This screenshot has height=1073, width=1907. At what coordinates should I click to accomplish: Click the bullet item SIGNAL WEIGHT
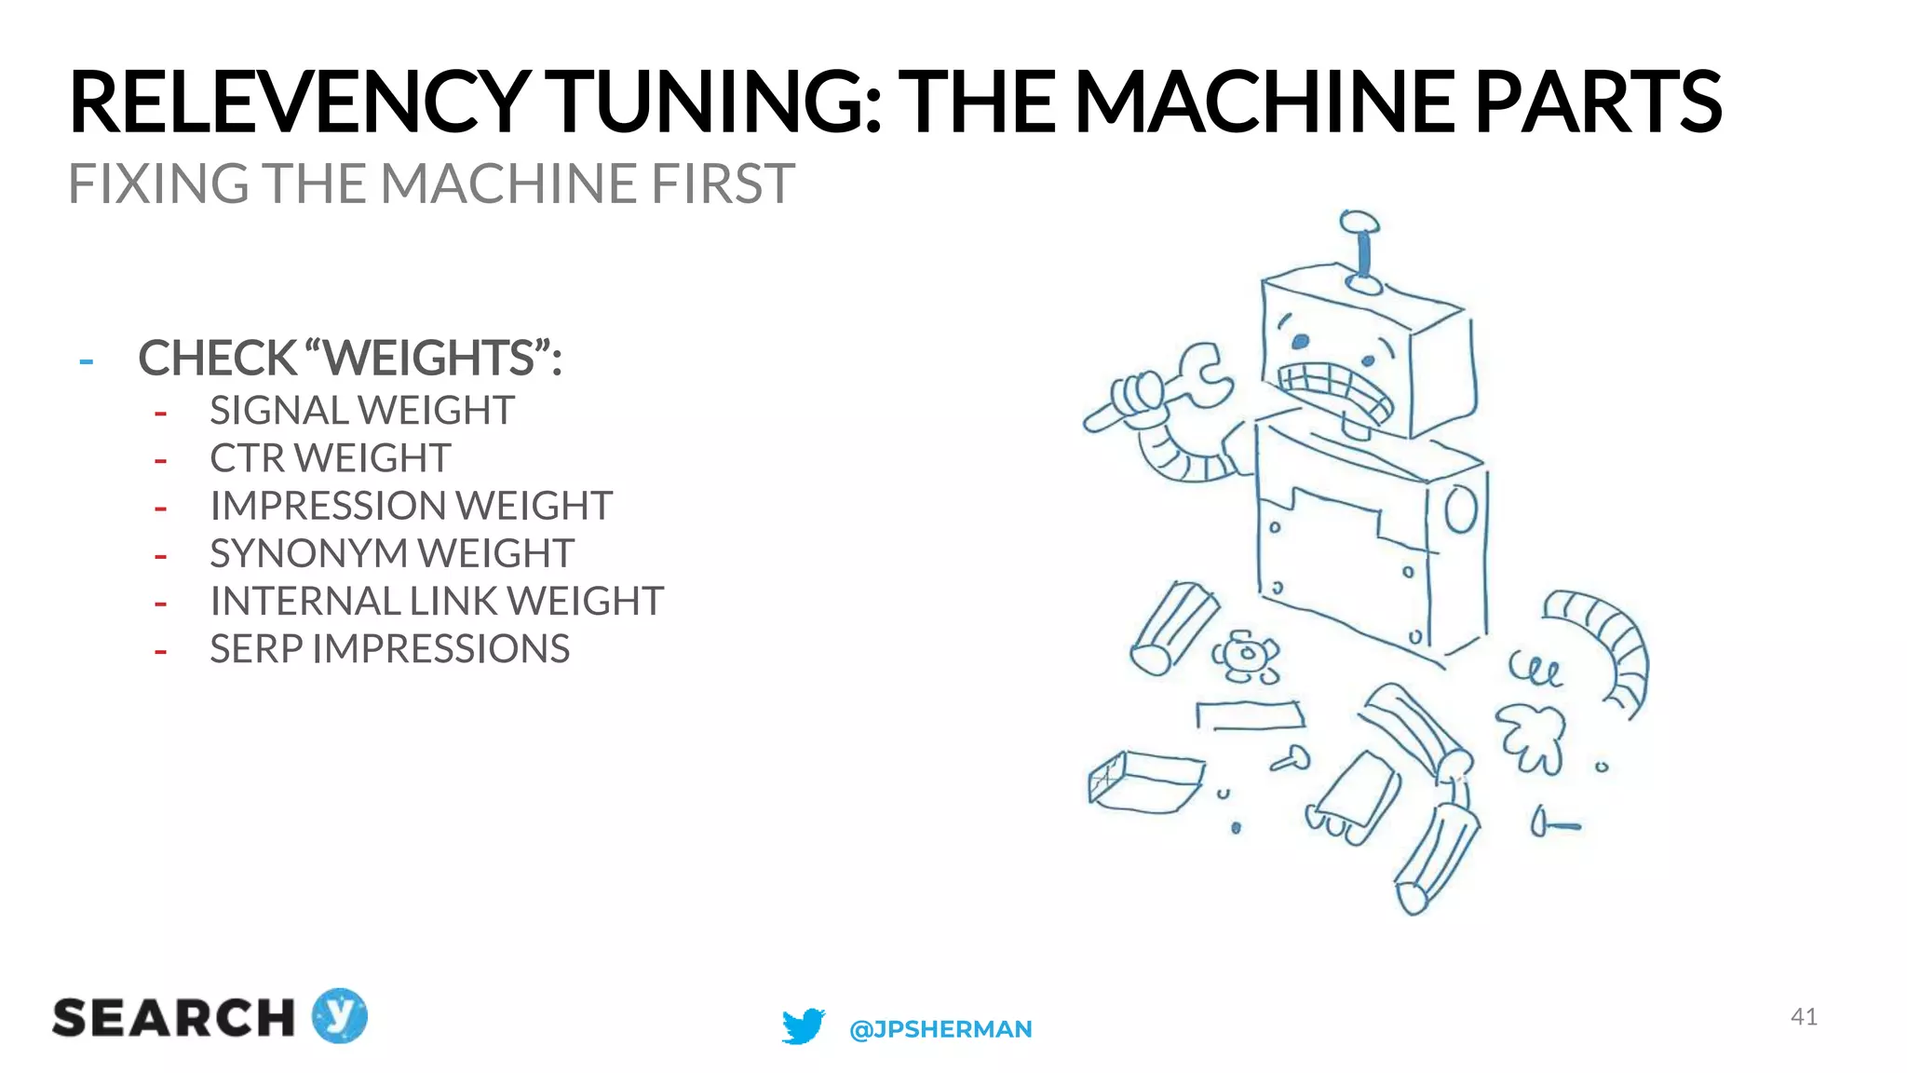point(361,411)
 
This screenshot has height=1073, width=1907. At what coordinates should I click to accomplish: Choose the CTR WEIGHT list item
point(330,458)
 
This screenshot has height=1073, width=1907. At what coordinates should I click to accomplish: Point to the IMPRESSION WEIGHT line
point(411,506)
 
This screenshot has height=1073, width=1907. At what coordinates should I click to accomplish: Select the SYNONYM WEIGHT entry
point(391,553)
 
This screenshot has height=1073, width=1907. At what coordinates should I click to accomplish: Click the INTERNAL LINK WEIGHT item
point(436,601)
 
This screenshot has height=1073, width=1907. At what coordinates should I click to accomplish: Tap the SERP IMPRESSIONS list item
point(389,649)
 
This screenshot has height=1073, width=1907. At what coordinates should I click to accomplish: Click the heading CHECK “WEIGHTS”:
point(350,359)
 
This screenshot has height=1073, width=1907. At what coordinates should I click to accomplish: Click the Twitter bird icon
point(803,1026)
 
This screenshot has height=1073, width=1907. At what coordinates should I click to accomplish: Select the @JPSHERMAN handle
point(940,1029)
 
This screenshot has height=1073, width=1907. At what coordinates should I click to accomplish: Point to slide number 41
point(1804,1016)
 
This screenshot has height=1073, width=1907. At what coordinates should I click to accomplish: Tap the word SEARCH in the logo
point(173,1018)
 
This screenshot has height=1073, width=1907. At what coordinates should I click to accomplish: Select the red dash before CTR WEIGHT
point(160,460)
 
